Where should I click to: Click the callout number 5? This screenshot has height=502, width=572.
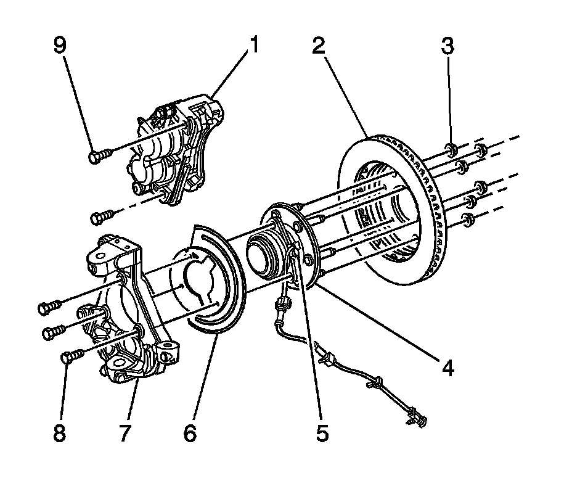pyautogui.click(x=322, y=433)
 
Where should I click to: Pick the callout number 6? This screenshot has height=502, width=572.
pyautogui.click(x=190, y=433)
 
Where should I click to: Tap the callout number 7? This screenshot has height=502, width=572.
pyautogui.click(x=125, y=433)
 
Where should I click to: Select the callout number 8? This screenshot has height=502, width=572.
pyautogui.click(x=59, y=433)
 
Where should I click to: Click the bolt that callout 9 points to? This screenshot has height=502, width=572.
pyautogui.click(x=99, y=156)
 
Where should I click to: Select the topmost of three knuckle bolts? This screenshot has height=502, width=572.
pyautogui.click(x=49, y=305)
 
